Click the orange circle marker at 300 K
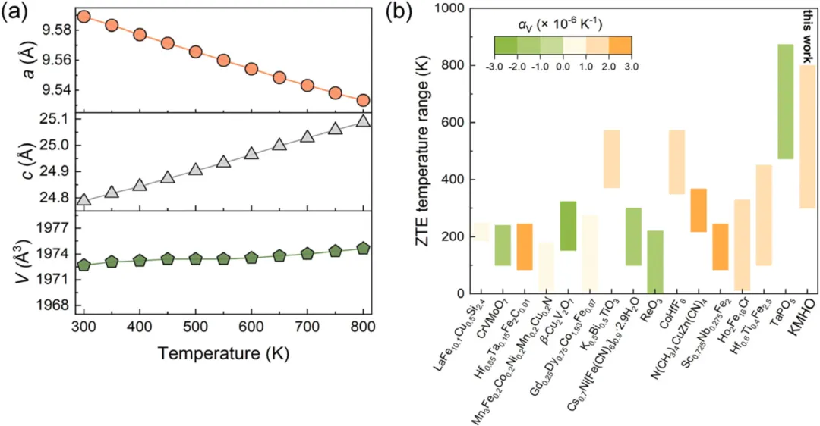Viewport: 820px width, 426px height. pyautogui.click(x=84, y=16)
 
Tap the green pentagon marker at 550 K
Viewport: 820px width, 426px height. pyautogui.click(x=223, y=258)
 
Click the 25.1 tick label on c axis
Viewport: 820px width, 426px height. pyautogui.click(x=53, y=119)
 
